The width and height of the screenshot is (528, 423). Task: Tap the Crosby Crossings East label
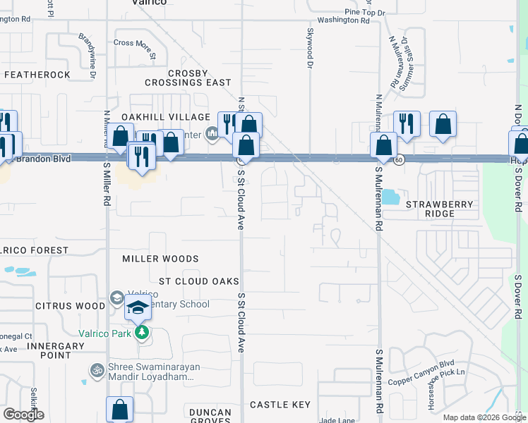(188, 78)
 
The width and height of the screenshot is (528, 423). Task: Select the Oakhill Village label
(166, 117)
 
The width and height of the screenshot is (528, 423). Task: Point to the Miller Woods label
(160, 259)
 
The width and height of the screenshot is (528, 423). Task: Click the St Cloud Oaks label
(199, 281)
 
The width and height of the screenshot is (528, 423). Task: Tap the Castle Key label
(280, 405)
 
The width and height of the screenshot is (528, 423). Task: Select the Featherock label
(37, 75)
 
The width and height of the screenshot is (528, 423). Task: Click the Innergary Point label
(49, 350)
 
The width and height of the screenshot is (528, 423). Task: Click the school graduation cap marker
(138, 308)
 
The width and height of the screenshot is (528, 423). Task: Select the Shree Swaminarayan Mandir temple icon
(97, 369)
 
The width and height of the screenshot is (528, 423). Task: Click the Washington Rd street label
(343, 21)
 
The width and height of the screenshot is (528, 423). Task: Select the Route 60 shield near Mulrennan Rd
(400, 160)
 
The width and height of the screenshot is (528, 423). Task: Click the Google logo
(23, 415)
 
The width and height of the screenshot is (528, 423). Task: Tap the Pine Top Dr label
(365, 12)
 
